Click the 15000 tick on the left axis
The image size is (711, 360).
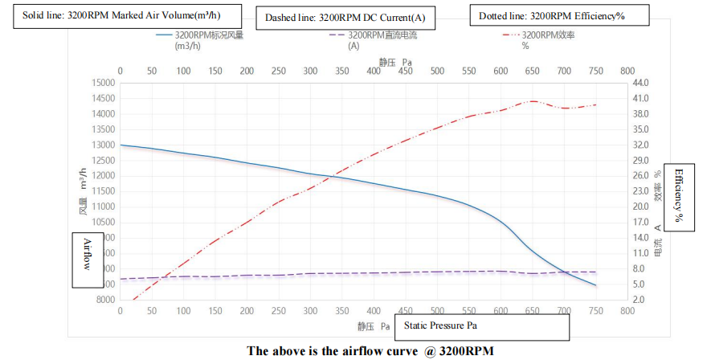(102, 83)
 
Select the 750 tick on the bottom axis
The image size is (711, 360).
(595, 310)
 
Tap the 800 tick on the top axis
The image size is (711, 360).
(627, 71)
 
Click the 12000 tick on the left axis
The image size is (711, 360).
(102, 176)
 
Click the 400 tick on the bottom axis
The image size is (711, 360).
(374, 310)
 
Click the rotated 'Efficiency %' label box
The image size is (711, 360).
(679, 195)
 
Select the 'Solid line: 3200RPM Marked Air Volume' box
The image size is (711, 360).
(117, 16)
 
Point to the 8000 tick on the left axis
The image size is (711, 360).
(105, 300)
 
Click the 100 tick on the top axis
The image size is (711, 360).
(183, 71)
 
